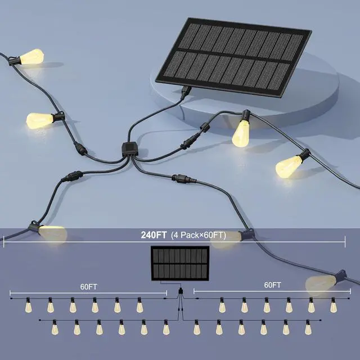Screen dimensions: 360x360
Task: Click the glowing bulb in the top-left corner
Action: [x=33, y=56]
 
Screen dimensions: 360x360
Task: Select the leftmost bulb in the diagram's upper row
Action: [x=28, y=307]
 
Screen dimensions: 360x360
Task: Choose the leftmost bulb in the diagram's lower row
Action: [x=55, y=327]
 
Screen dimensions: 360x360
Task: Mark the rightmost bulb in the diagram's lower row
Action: [x=307, y=327]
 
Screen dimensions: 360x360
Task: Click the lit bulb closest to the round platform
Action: [x=241, y=132]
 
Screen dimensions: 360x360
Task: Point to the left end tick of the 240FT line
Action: [x=4, y=241]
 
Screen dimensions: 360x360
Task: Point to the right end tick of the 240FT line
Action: [x=345, y=241]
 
